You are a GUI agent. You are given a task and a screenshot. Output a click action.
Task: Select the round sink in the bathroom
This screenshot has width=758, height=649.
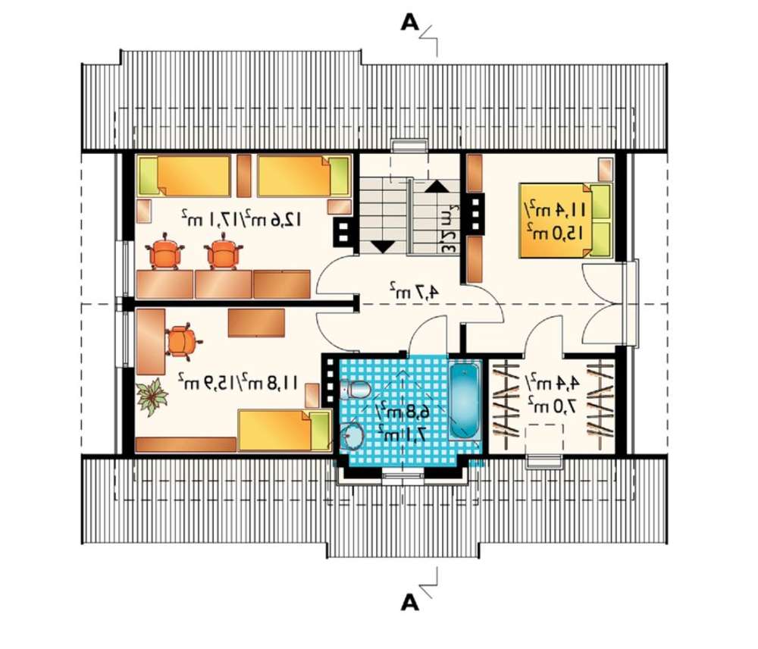click(x=352, y=436)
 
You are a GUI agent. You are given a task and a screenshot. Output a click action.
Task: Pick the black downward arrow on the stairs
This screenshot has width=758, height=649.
click(x=381, y=246)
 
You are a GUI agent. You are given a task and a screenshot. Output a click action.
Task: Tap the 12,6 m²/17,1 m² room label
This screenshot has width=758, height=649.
click(x=243, y=219)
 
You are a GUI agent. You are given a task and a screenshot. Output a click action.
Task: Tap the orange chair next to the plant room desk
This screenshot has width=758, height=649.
click(x=181, y=340)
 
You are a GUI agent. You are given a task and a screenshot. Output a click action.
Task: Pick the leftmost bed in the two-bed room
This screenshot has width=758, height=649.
click(x=184, y=175)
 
